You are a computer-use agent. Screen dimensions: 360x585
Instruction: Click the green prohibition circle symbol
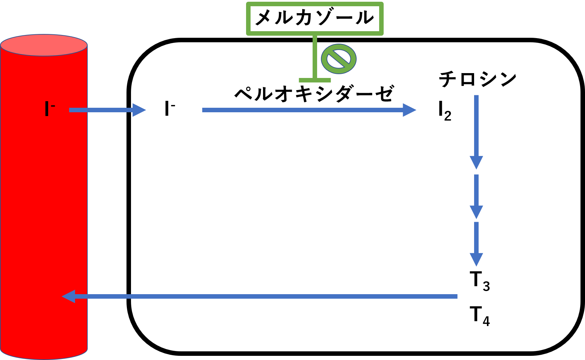[x=339, y=59]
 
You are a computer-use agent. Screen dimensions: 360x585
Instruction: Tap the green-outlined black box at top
[x=315, y=18]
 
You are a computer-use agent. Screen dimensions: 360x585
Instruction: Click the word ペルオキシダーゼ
[x=314, y=93]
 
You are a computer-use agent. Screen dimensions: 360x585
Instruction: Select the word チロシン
[x=478, y=79]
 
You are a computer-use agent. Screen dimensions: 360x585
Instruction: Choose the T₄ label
[x=480, y=316]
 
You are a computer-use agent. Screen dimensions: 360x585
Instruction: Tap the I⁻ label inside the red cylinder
[x=50, y=109]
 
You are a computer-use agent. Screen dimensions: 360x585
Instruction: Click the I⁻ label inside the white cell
[x=169, y=109]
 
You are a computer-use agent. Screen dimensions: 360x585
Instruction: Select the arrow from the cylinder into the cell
[x=107, y=110]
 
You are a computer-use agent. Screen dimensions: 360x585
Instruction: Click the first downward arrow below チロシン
[x=477, y=132]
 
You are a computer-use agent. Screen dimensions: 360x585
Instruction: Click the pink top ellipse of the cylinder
[x=44, y=45]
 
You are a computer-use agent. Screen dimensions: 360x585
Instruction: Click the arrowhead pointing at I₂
[x=409, y=110]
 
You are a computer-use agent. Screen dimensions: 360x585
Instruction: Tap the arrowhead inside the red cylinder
[x=69, y=296]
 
